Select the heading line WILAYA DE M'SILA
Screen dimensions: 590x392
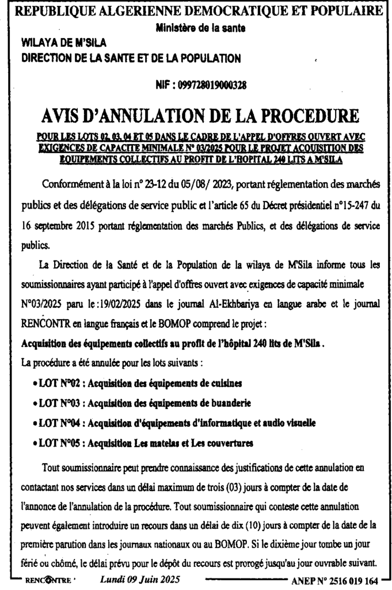(x=63, y=41)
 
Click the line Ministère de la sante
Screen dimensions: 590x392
(x=196, y=28)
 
